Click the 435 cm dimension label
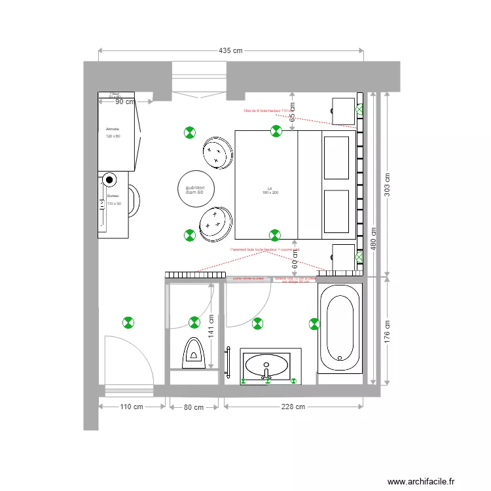230,51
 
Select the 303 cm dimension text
387,185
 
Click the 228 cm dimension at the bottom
293,407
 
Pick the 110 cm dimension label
132,407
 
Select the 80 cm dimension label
193,407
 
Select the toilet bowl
194,350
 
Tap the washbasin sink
266,365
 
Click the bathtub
340,329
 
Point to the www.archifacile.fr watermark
420,481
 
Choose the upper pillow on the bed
336,157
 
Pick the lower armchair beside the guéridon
217,223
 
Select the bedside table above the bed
343,110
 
